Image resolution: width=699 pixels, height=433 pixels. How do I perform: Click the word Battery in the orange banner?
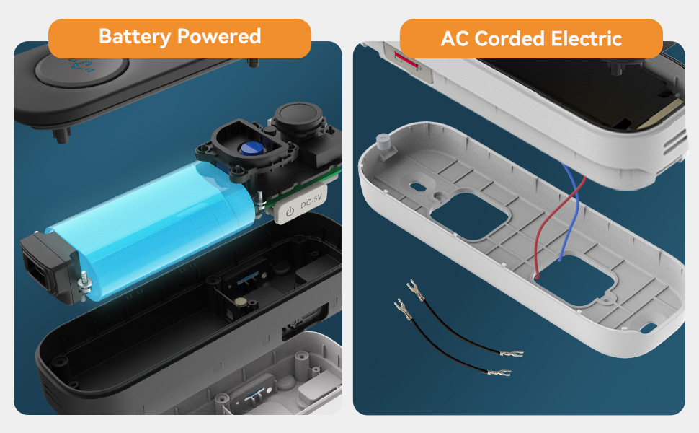[x=135, y=37]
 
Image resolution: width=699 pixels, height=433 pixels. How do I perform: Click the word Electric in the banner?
[x=587, y=39]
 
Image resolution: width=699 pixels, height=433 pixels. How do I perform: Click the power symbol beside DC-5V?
[x=290, y=211]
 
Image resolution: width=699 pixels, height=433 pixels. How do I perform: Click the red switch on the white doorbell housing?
[x=406, y=61]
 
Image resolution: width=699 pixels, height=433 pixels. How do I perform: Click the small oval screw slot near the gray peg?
[x=418, y=187]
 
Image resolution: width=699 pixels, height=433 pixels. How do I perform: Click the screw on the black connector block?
[x=84, y=281]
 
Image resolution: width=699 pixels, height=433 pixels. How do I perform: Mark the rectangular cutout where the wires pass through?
[x=574, y=280]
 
